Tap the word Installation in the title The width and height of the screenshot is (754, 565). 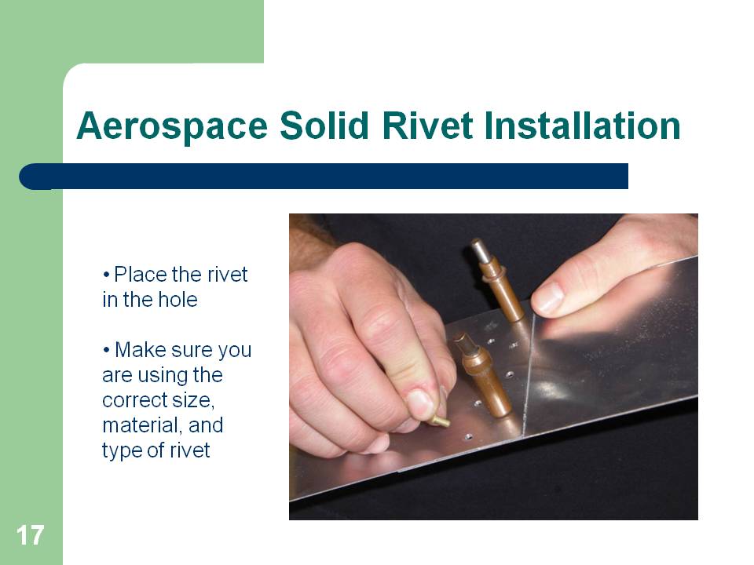[x=582, y=126]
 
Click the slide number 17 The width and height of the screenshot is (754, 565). [x=31, y=535]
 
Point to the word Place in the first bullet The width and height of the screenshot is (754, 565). [x=141, y=275]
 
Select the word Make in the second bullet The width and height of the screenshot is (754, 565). [x=141, y=350]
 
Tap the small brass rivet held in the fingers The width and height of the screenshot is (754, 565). [x=441, y=421]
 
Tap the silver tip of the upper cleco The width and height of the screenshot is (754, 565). [x=479, y=249]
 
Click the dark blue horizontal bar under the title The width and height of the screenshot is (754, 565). [x=324, y=177]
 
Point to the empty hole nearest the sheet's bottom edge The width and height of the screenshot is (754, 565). [x=467, y=437]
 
